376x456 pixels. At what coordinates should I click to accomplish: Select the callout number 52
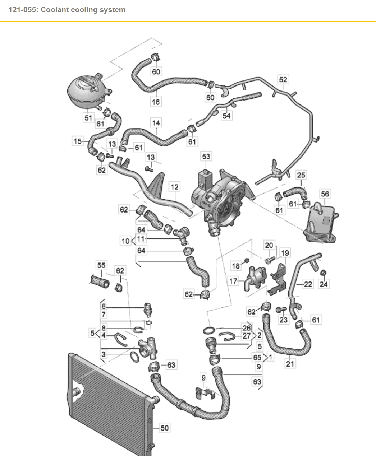click(x=283, y=80)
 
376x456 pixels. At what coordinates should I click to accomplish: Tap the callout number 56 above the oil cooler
click(x=325, y=194)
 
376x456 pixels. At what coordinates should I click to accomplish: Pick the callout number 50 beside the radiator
click(x=164, y=428)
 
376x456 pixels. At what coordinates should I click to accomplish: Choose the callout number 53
click(x=206, y=157)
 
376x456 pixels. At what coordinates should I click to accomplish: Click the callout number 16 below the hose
click(x=156, y=102)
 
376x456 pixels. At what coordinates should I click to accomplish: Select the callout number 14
click(x=156, y=123)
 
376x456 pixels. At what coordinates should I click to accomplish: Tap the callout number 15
click(x=78, y=141)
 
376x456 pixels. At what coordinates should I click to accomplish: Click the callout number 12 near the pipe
click(x=174, y=187)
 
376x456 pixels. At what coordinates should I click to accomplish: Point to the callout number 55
click(x=101, y=265)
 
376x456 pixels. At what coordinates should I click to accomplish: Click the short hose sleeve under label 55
click(x=99, y=281)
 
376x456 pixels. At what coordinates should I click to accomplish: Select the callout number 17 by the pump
click(x=233, y=281)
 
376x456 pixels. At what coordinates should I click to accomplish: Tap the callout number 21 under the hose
click(x=290, y=363)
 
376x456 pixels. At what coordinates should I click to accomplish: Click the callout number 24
click(x=324, y=284)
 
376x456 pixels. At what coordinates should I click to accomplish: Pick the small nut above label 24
click(x=323, y=273)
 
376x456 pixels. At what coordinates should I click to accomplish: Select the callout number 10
click(x=125, y=241)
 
